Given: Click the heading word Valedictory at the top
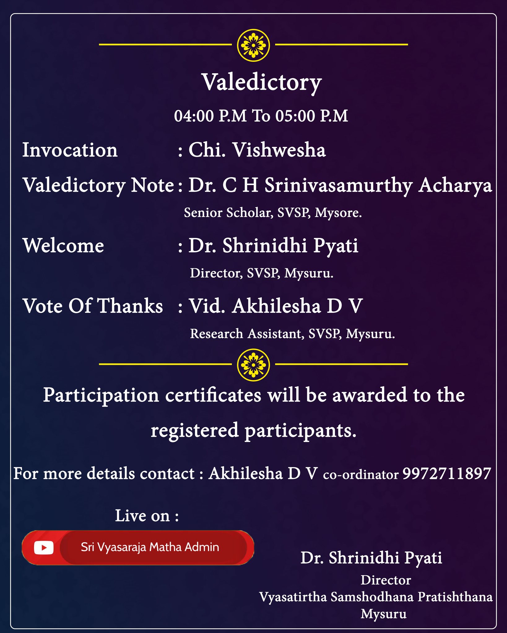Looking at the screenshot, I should point(262,83).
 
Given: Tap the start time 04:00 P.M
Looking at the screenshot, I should point(210,116).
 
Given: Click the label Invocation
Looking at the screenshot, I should point(70,150).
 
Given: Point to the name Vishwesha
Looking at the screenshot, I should point(279,150).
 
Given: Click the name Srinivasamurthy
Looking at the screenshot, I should point(339,185).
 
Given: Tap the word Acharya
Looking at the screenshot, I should point(455,185).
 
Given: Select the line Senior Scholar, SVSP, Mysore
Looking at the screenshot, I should point(273,213).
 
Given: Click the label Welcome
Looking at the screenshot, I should point(63,246).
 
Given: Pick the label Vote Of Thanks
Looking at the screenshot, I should point(93,306).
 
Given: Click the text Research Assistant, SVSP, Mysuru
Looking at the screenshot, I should point(292,334).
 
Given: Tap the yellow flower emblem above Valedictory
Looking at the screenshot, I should point(253,45).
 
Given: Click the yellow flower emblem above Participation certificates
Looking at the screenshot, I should point(253,365).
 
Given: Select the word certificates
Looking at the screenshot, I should point(213,395).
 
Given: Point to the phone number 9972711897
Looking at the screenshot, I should point(447,474).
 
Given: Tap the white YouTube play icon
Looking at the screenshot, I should point(44,548).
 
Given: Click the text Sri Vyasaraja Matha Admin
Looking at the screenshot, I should point(150,547).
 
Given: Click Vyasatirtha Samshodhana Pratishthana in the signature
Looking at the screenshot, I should point(376,597).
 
